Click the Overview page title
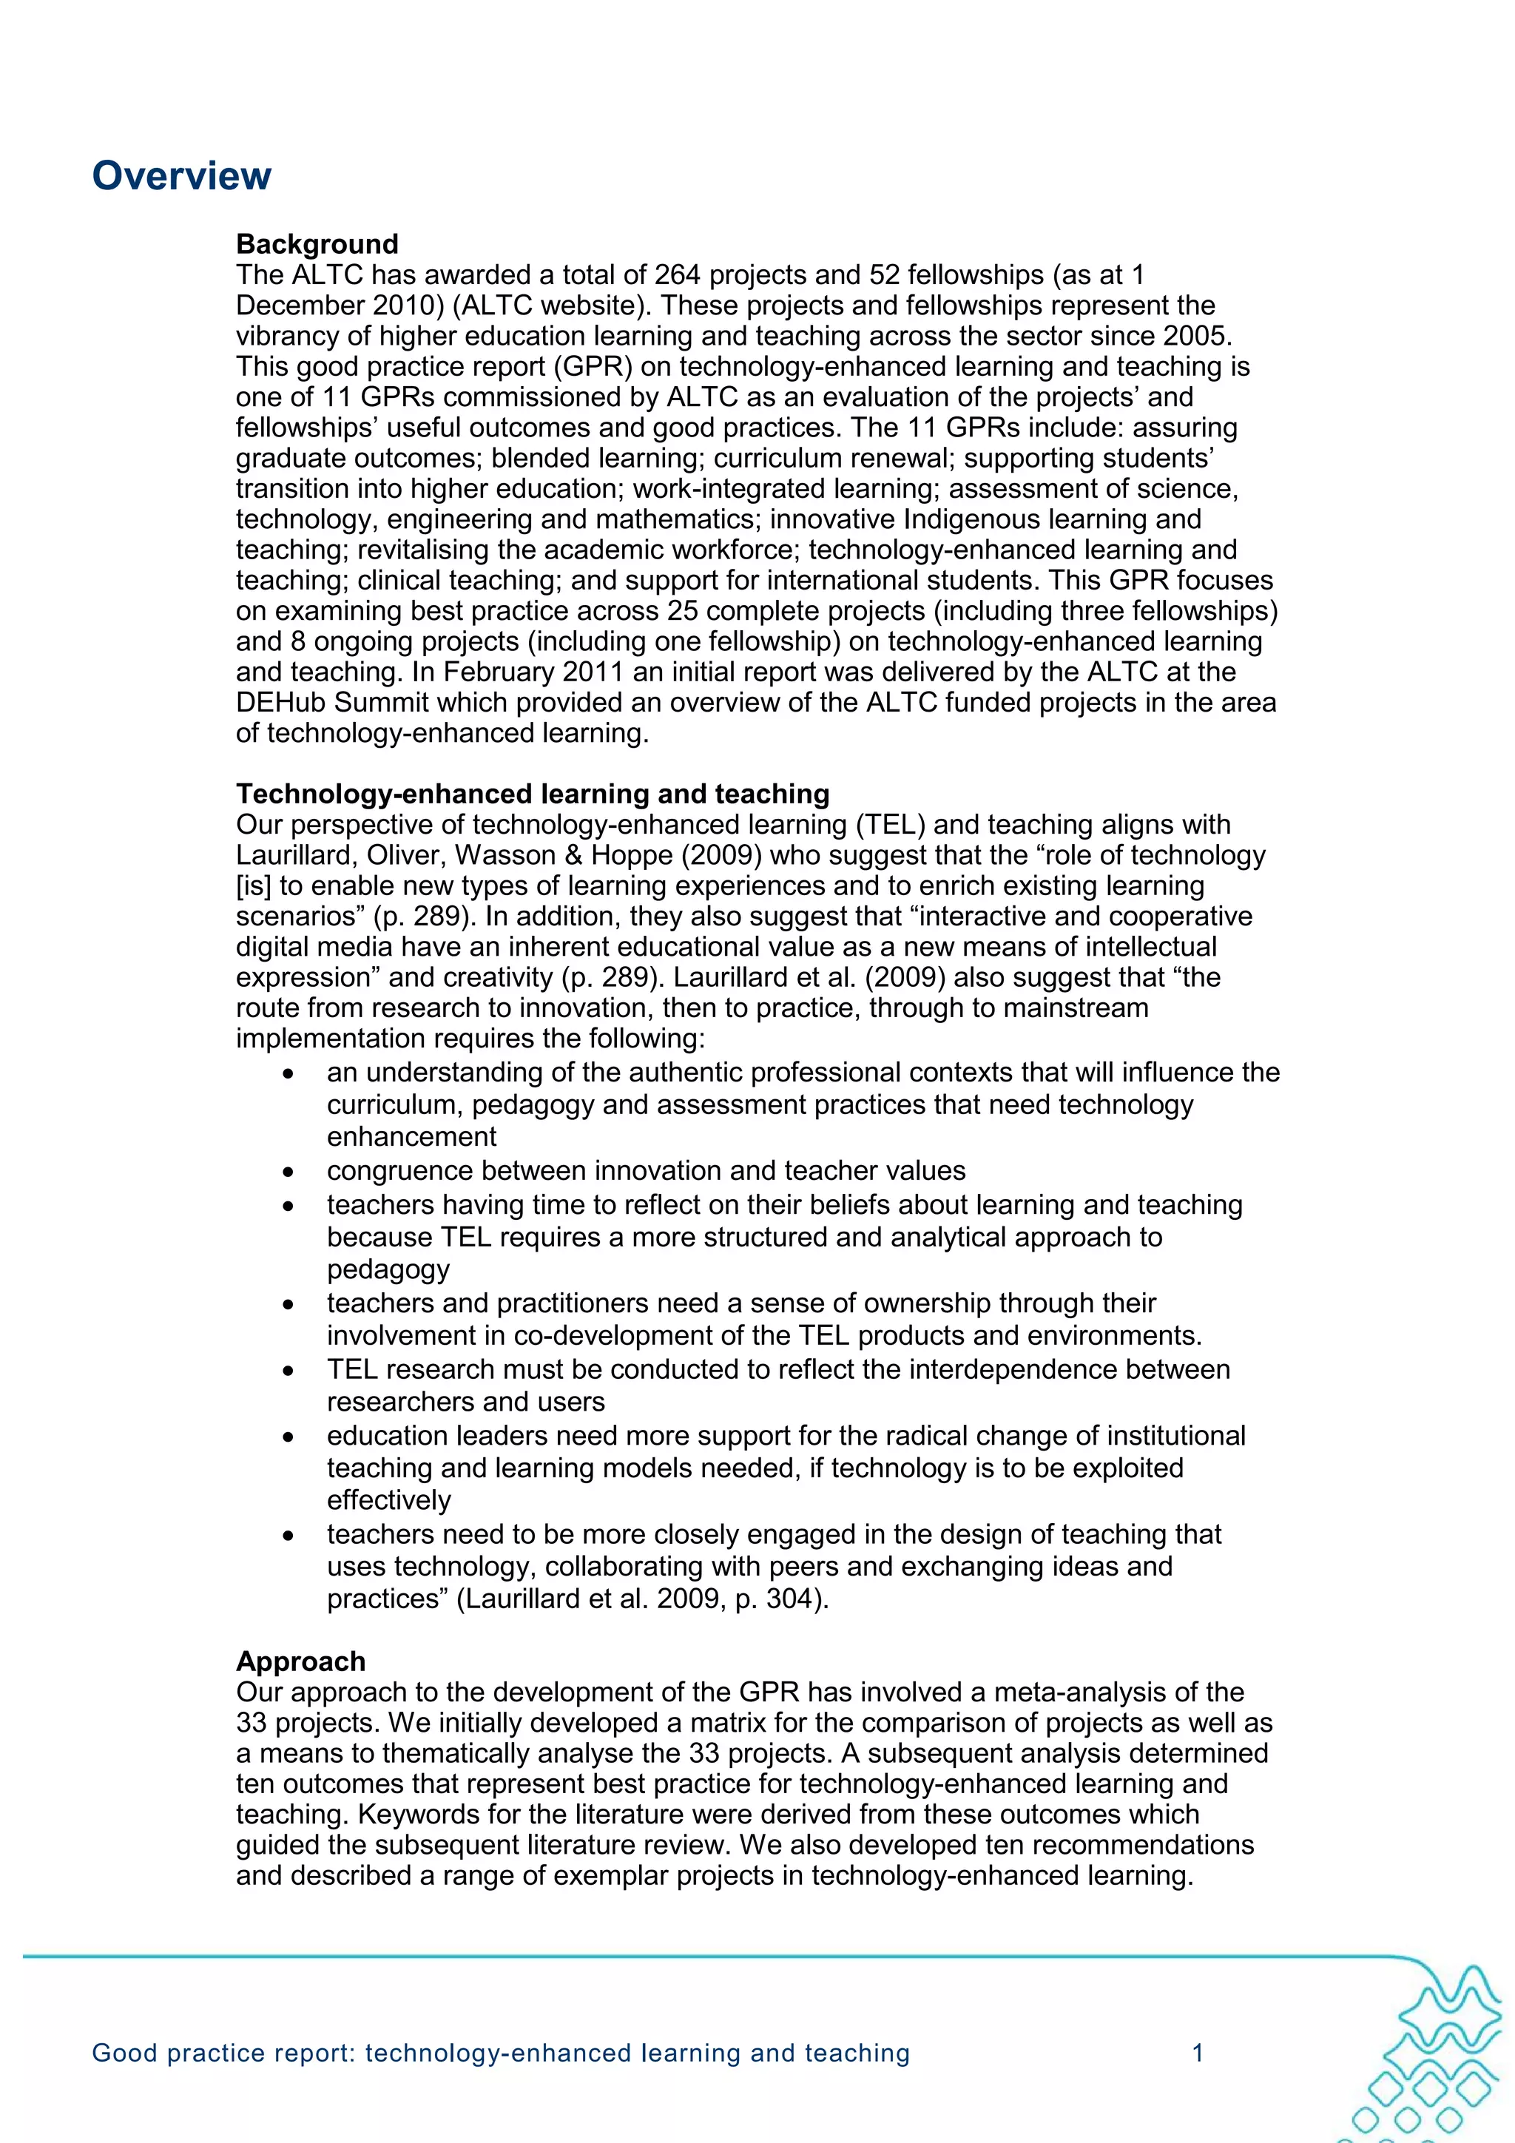point(181,175)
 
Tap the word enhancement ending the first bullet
point(411,1137)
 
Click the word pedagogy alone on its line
point(388,1269)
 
